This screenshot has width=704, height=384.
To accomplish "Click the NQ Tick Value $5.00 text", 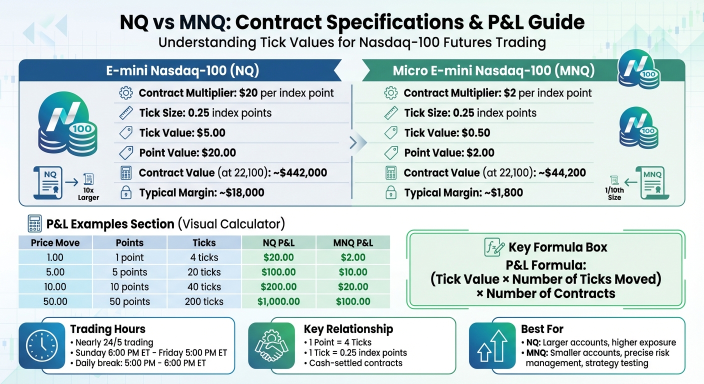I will click(x=182, y=133).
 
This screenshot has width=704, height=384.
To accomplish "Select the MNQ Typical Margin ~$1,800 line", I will click(x=463, y=192).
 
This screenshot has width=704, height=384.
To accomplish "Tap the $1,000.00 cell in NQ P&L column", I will click(x=278, y=301).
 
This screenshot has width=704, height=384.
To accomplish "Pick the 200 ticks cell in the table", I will click(x=204, y=301).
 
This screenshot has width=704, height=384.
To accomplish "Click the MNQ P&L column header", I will click(x=353, y=243).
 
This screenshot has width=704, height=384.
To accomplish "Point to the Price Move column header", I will click(x=55, y=243).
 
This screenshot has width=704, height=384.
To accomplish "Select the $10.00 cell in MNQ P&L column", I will click(x=353, y=272).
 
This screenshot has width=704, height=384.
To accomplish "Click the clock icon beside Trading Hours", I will click(x=42, y=345).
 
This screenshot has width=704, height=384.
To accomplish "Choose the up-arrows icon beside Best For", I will click(x=492, y=345).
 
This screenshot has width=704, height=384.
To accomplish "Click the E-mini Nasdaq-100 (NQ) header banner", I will click(x=182, y=70).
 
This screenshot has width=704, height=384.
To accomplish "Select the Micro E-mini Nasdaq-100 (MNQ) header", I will click(x=493, y=70).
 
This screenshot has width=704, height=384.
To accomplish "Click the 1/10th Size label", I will click(x=614, y=194).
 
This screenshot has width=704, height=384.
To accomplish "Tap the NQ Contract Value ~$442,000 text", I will click(x=232, y=173).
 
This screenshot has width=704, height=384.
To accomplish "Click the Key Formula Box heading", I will click(x=557, y=247).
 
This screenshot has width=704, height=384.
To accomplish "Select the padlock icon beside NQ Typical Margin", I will click(x=126, y=192).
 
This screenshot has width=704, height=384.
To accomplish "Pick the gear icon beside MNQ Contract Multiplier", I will click(x=390, y=93).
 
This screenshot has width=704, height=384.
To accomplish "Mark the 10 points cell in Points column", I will click(x=129, y=287).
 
